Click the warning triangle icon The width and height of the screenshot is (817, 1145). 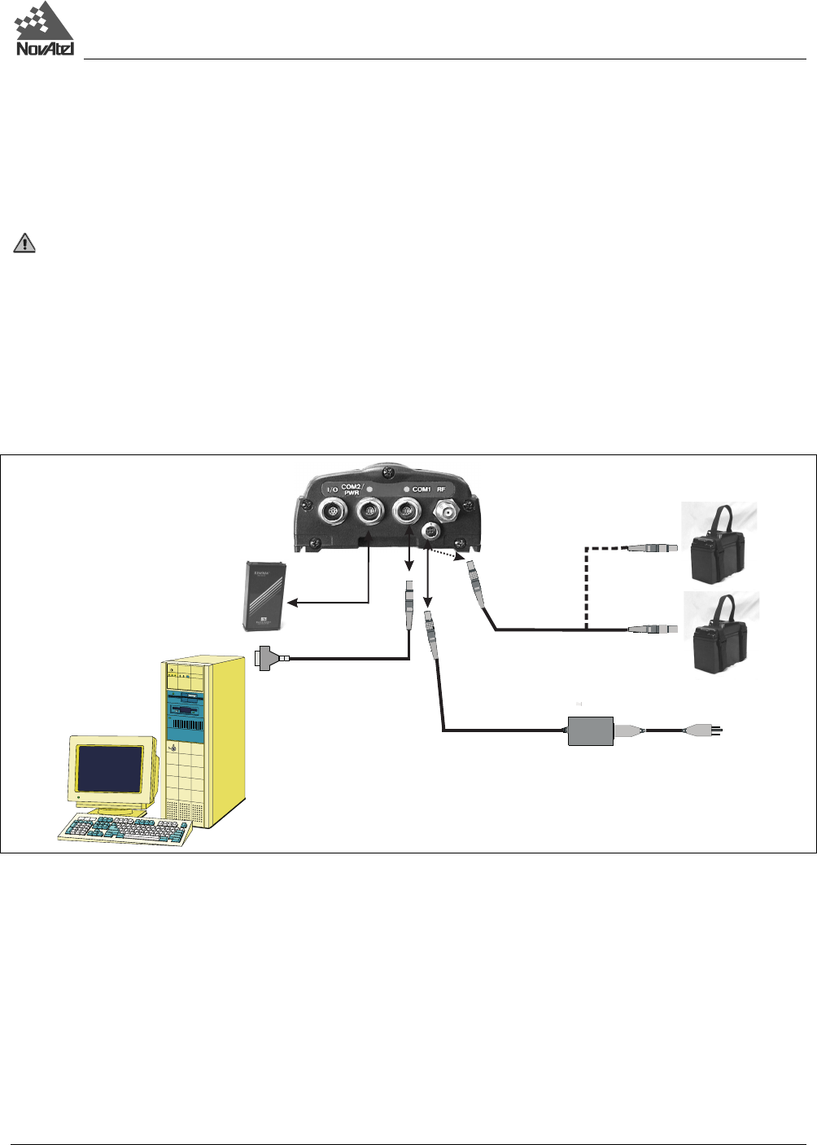click(x=25, y=243)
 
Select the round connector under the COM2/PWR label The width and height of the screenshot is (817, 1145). click(x=369, y=513)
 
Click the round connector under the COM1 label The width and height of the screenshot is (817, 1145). click(x=406, y=513)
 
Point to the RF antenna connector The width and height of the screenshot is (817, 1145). click(x=448, y=511)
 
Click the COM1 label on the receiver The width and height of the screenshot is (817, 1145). click(x=421, y=489)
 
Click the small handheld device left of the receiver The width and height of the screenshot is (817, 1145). click(x=265, y=595)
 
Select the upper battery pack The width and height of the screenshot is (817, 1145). click(x=719, y=547)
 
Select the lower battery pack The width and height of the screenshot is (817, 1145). click(x=719, y=638)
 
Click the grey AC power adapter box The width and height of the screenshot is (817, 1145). click(x=590, y=730)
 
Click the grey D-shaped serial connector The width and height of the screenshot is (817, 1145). click(x=268, y=657)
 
